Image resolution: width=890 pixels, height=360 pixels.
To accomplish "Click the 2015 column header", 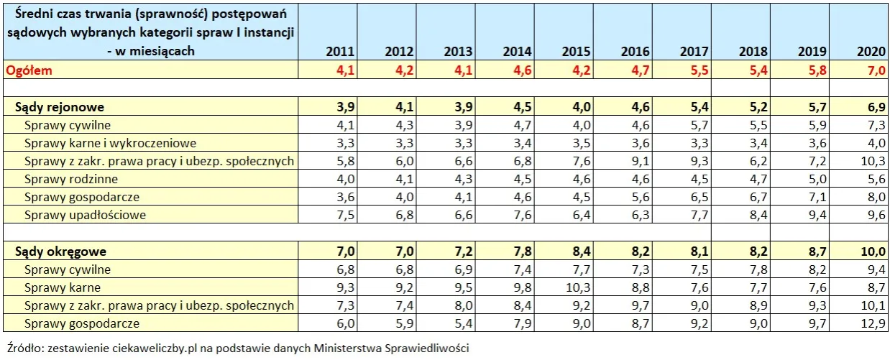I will coord(576,52).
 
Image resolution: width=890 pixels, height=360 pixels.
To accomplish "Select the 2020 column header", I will coord(872,52).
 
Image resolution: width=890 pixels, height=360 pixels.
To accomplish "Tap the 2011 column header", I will coord(339,52).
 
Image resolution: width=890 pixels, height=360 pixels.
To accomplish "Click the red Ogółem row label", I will coord(29,70).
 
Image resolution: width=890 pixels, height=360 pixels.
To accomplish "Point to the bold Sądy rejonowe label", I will coord(60,107).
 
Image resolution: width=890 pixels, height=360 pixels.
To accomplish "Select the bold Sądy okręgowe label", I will coord(61,251).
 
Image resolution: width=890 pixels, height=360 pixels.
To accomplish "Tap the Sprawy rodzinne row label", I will coord(70,179).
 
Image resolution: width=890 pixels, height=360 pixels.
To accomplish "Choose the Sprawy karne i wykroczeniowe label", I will coord(110,143).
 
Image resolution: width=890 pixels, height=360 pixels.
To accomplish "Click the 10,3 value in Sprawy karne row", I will coord(576,287).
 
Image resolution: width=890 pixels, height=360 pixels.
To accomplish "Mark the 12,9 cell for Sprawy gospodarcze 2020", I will coord(873,323).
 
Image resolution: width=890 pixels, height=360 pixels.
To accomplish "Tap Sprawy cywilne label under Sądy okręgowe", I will coord(67,269).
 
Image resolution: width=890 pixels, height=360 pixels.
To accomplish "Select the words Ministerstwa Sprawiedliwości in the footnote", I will coord(392,349).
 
